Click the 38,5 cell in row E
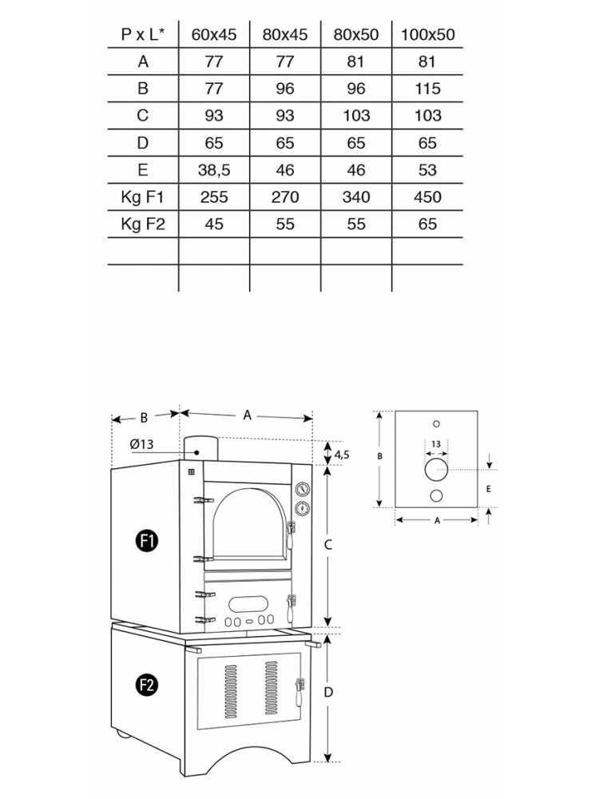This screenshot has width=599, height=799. point(213,170)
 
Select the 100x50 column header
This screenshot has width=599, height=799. point(427,34)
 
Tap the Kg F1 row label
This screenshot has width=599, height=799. point(142,197)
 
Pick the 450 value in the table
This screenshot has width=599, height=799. point(427,197)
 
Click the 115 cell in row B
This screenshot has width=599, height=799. point(427,89)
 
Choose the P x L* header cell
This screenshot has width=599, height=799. point(142,34)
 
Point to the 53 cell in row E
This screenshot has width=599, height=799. point(427,170)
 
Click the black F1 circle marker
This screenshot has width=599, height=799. point(147,541)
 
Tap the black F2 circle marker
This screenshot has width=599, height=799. point(146,684)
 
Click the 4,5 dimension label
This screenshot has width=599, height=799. point(342,454)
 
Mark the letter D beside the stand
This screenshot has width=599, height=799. point(327,694)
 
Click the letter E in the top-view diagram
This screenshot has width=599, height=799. point(487,487)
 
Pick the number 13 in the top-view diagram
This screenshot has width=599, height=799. point(435,444)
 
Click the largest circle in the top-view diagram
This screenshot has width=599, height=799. point(436,470)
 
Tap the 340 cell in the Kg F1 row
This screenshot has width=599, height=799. point(356,197)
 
